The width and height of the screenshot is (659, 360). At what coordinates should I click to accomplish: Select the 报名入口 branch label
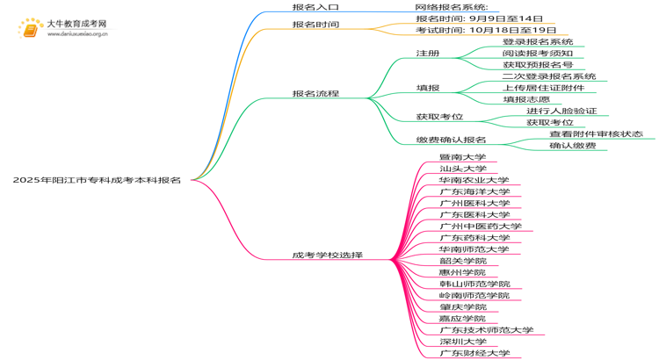click(315, 7)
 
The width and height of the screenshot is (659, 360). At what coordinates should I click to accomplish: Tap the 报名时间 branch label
click(315, 25)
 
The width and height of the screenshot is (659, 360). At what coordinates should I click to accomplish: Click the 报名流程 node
click(315, 93)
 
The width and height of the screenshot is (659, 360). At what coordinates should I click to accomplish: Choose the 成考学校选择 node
click(328, 256)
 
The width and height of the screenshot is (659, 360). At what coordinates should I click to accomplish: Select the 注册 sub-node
click(428, 54)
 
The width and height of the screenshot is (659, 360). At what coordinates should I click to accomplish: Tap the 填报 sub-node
click(428, 88)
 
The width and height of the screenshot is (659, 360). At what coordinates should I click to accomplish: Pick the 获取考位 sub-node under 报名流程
click(439, 117)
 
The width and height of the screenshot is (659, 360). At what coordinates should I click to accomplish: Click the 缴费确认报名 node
click(451, 140)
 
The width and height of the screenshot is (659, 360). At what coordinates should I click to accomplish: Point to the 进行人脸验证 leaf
click(561, 111)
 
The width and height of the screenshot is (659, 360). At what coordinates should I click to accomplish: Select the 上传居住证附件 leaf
click(543, 88)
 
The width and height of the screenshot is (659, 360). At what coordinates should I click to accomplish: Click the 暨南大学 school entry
click(462, 157)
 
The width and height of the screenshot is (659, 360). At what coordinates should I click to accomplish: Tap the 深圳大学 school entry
click(462, 342)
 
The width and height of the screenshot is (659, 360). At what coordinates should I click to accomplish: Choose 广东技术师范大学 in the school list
click(486, 330)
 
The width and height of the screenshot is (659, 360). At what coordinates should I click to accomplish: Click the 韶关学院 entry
click(462, 261)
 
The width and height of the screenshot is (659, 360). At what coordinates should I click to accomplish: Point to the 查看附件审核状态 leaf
click(596, 133)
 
